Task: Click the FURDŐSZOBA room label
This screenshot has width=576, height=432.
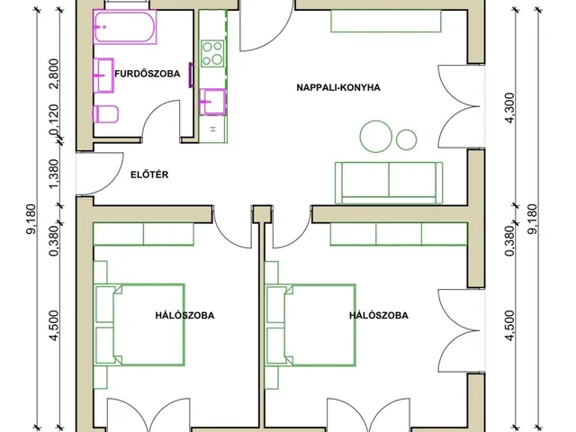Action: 148,74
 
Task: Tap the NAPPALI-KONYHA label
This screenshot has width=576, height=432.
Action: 338,88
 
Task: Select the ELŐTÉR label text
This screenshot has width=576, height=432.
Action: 149,175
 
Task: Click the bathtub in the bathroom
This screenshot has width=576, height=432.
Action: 124,27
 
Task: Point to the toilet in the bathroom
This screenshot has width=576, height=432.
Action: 105,114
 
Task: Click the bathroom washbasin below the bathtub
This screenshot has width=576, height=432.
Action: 103,75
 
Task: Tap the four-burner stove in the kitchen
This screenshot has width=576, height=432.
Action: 212,54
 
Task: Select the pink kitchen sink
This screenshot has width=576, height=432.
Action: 212,102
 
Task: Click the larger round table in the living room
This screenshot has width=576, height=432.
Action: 376,136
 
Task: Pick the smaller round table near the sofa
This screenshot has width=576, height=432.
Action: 406,139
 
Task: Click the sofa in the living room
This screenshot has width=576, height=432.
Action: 389,183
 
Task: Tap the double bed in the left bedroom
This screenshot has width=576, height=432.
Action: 139,325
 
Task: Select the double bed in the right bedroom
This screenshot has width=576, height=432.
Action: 310,325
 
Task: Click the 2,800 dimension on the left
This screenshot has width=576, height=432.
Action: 53,74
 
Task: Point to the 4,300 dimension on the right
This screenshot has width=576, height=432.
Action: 510,108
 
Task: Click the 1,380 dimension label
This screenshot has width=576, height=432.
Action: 53,174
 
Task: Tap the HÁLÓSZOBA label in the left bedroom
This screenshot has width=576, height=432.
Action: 184,316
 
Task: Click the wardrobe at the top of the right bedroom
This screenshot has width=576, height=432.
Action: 399,234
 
